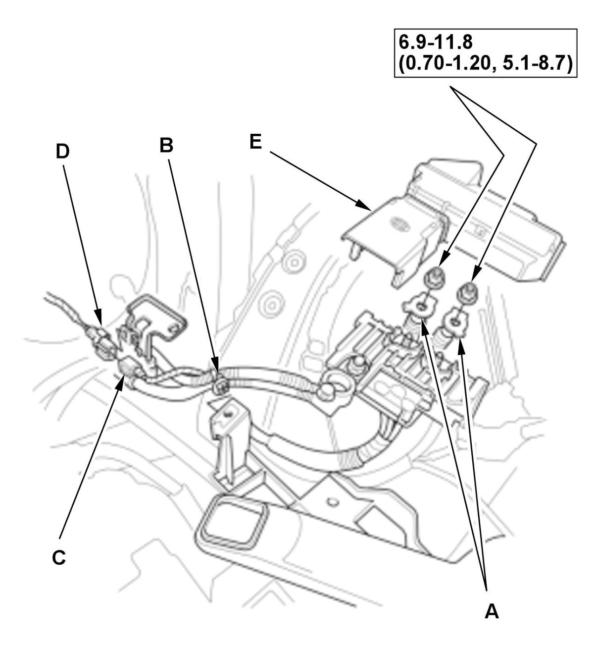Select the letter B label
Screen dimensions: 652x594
pos(166,146)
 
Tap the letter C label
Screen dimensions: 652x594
pos(58,557)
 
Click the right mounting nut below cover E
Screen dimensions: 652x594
pos(467,292)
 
